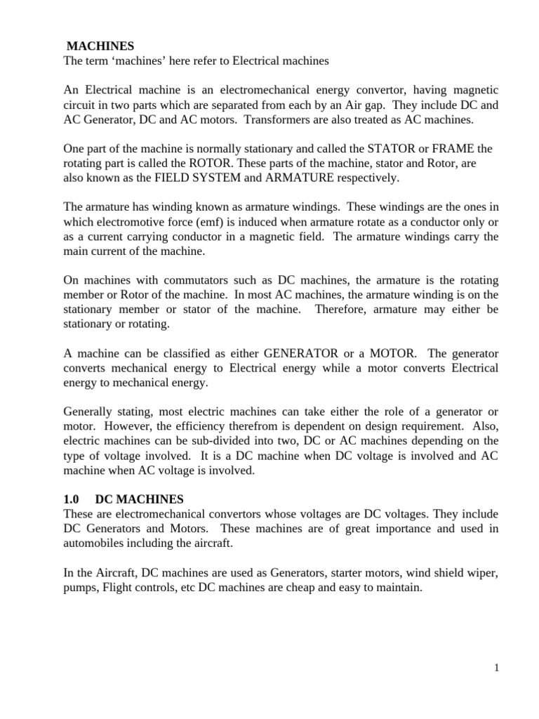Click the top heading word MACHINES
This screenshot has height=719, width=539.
click(x=100, y=46)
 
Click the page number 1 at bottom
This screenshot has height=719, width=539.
click(x=496, y=668)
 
